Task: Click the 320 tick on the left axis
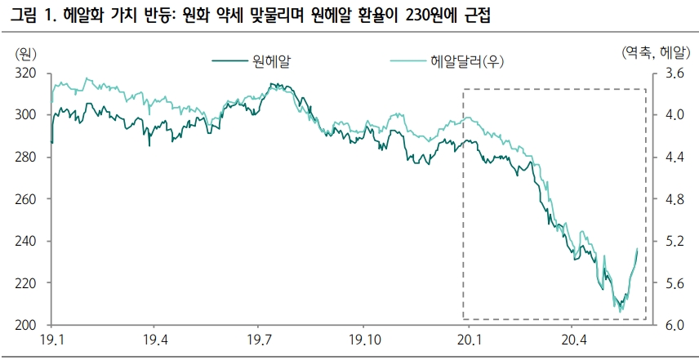[x=27, y=73]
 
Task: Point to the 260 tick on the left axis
[x=27, y=199]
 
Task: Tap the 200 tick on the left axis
[x=27, y=325]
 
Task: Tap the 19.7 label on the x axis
[x=259, y=340]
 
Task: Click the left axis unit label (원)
[x=25, y=54]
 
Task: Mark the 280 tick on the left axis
[x=27, y=158]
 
